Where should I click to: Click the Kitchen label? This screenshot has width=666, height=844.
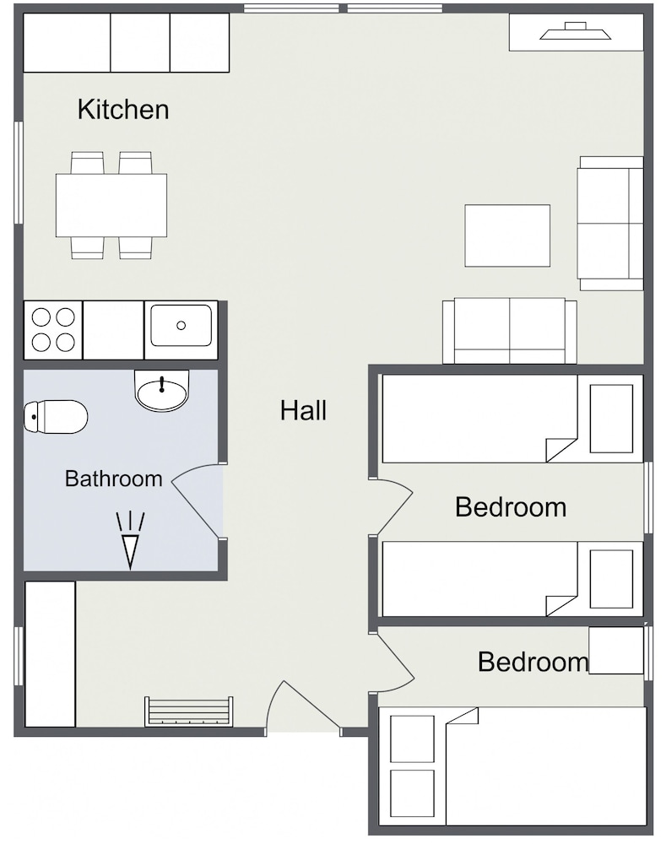coord(122,109)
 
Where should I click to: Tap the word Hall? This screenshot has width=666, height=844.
coord(303,410)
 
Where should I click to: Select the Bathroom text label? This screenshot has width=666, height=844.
coord(113,479)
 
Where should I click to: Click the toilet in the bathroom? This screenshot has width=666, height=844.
coord(56,416)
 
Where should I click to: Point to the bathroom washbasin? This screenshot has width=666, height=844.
coord(161,390)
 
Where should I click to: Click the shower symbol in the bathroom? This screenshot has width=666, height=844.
coord(130,541)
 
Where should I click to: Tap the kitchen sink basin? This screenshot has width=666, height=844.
coord(181,325)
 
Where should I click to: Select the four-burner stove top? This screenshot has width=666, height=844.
coord(53,330)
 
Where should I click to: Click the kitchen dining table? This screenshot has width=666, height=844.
coord(111,205)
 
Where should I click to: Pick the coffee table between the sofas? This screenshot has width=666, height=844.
coord(507,235)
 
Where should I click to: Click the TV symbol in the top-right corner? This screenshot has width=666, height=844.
coord(576,31)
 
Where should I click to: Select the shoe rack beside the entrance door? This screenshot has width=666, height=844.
coord(189,711)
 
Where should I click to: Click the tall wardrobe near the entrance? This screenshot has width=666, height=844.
coord(50,654)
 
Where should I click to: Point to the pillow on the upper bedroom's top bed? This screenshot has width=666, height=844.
coord(611,419)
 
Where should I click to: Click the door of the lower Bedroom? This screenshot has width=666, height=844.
coord(395,662)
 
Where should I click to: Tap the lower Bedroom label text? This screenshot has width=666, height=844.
coord(533,662)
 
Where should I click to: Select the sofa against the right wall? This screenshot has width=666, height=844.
coord(610,224)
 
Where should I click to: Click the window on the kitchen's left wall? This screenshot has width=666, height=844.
coord(19,172)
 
